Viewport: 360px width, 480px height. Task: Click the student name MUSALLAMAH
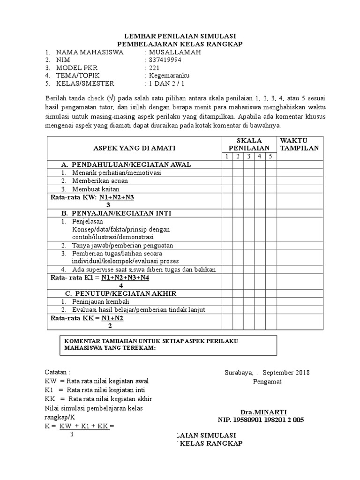[174, 52]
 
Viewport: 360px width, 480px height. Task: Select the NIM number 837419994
[165, 60]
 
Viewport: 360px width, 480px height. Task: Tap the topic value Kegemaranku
[168, 75]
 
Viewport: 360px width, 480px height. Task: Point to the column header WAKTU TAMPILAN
[299, 144]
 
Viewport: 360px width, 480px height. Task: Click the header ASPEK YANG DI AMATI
[135, 148]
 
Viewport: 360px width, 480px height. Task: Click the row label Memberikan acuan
[96, 181]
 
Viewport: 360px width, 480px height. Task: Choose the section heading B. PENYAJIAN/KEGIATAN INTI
[117, 213]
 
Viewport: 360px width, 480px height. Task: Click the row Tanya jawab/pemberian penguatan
[122, 245]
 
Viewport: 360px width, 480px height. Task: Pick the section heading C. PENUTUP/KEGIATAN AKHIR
[120, 293]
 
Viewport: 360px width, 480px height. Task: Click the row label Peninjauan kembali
[100, 301]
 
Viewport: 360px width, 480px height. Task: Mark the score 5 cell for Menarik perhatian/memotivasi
[270, 173]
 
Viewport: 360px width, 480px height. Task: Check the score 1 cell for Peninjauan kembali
[227, 301]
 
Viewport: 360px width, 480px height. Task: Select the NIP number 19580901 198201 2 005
[261, 420]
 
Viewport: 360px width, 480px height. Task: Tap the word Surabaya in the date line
[238, 373]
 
